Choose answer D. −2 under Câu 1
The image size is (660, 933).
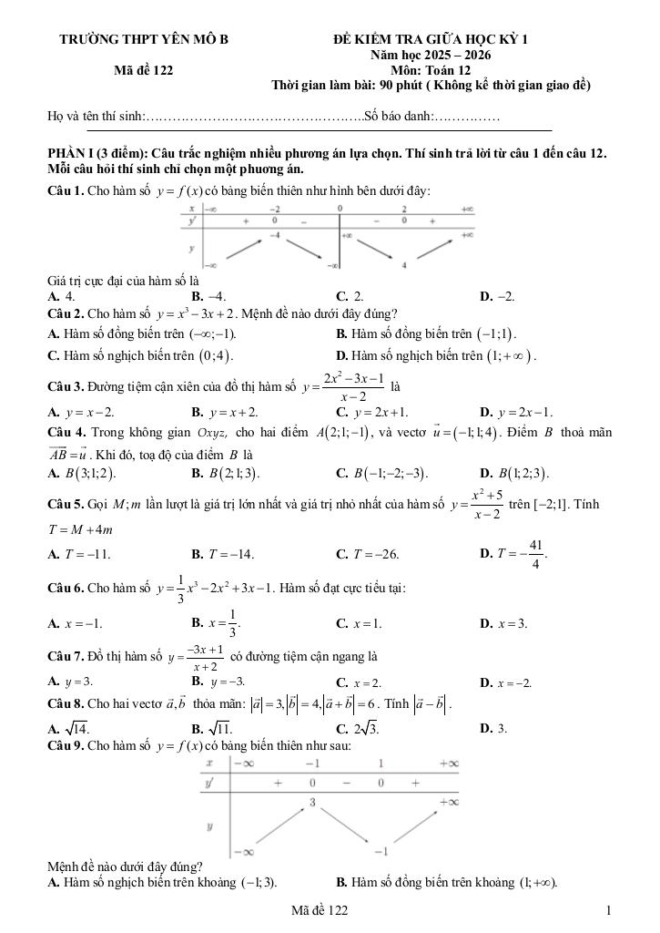(x=497, y=296)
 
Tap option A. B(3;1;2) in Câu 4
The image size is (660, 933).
(x=82, y=473)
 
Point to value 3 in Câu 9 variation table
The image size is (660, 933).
(x=311, y=803)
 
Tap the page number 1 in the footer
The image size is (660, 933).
(x=608, y=910)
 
